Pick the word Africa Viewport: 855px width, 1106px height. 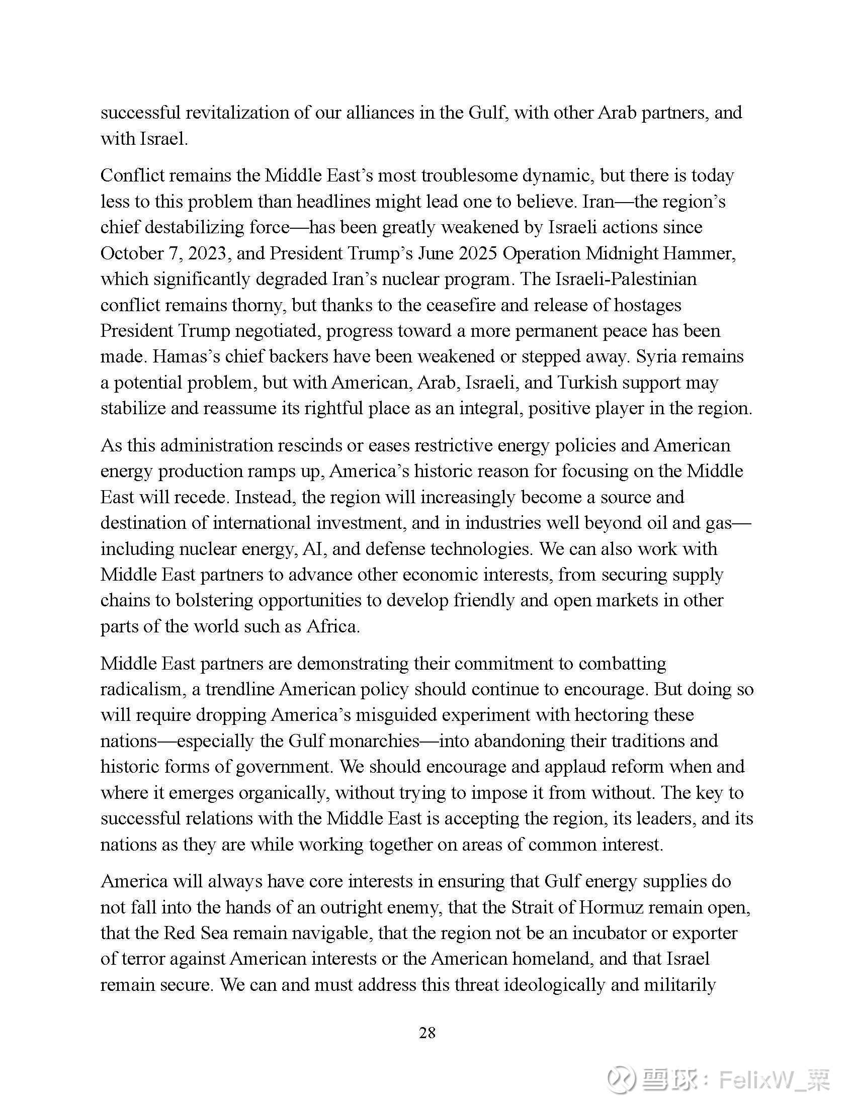click(x=332, y=626)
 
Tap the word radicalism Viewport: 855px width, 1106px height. click(x=140, y=689)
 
